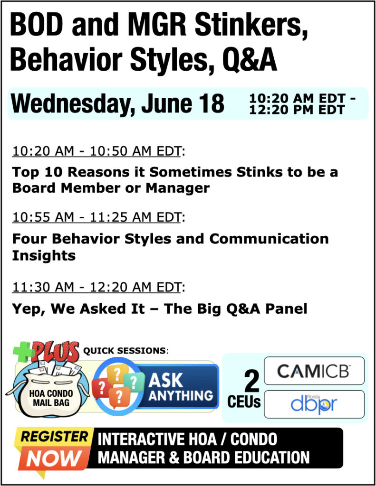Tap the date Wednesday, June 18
pyautogui.click(x=117, y=103)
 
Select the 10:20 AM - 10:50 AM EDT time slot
pyautogui.click(x=96, y=151)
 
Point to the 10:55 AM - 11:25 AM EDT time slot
pyautogui.click(x=96, y=217)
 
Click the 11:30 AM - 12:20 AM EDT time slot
pyautogui.click(x=96, y=287)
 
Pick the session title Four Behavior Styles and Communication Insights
pyautogui.click(x=170, y=247)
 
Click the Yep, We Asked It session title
pyautogui.click(x=160, y=309)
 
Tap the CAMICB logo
pyautogui.click(x=314, y=371)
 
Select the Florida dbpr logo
pyautogui.click(x=314, y=404)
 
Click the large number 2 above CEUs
pyautogui.click(x=251, y=381)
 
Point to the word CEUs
pyautogui.click(x=244, y=402)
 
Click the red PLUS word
pyautogui.click(x=56, y=352)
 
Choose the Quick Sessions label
pyautogui.click(x=126, y=351)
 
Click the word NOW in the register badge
pyautogui.click(x=53, y=458)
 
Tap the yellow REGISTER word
pyautogui.click(x=54, y=437)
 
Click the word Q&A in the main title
pyautogui.click(x=250, y=60)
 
